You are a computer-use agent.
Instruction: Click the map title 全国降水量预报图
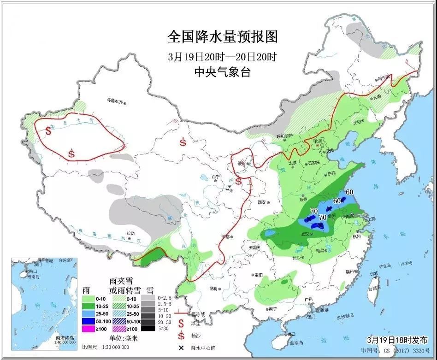coord(223,36)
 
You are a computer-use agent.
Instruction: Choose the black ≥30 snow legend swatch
coord(148,328)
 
